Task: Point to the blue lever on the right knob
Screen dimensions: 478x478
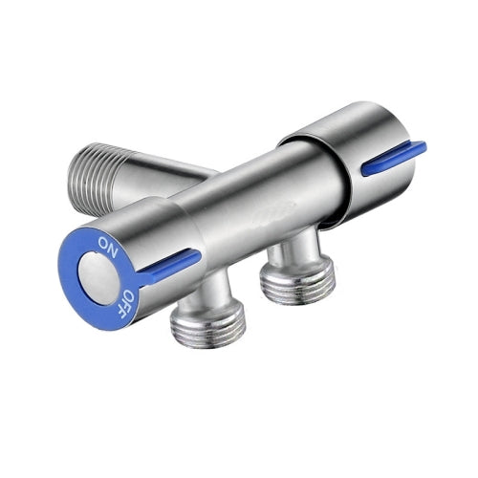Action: tap(392, 158)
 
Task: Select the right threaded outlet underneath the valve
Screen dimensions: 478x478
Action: tap(296, 280)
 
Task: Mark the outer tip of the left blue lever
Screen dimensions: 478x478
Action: tap(197, 255)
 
